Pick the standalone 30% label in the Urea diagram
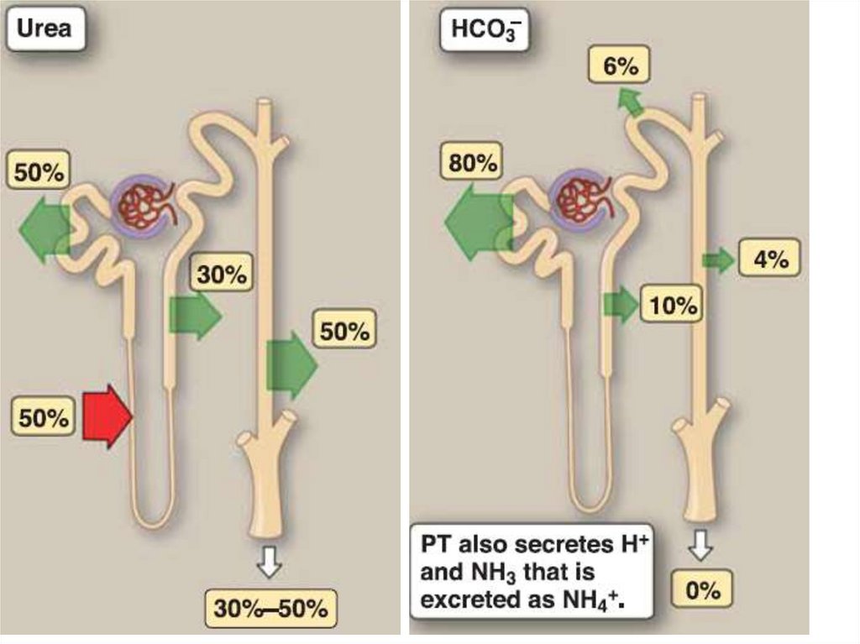[222, 275]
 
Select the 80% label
[474, 163]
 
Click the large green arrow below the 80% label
[478, 222]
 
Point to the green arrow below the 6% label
[630, 102]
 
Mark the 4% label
[769, 259]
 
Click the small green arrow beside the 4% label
[718, 261]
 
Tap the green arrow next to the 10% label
[621, 304]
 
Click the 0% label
[702, 589]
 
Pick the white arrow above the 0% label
[700, 547]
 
